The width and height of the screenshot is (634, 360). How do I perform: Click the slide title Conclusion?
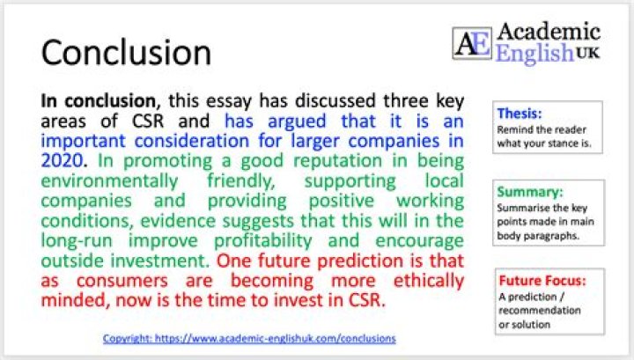click(126, 53)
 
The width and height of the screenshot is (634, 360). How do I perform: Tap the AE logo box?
click(471, 42)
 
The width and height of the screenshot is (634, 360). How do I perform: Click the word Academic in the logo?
click(548, 33)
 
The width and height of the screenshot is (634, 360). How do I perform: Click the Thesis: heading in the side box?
click(520, 114)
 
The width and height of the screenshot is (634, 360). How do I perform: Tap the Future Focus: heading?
click(541, 282)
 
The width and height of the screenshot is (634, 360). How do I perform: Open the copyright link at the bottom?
click(249, 338)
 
